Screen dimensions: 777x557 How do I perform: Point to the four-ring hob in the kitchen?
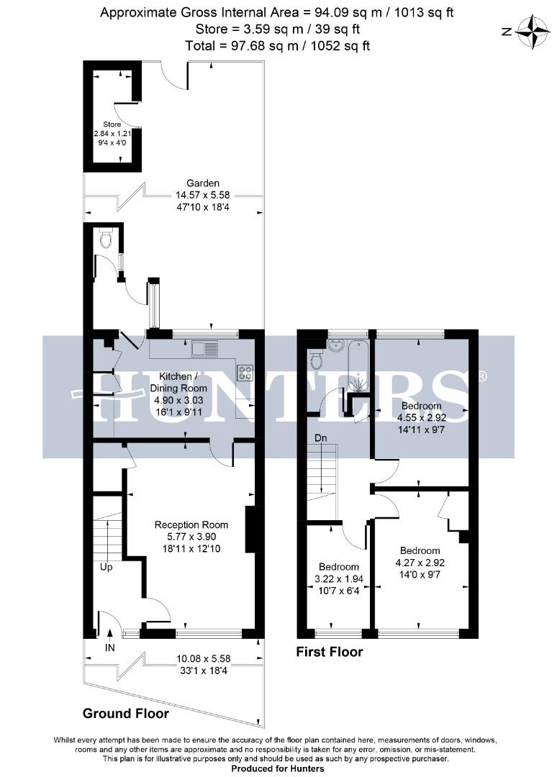[x=245, y=372]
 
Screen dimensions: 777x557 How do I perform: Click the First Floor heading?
[x=330, y=653]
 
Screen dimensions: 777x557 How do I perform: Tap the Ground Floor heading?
[x=126, y=714]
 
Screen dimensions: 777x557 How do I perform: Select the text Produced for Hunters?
[x=278, y=768]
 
